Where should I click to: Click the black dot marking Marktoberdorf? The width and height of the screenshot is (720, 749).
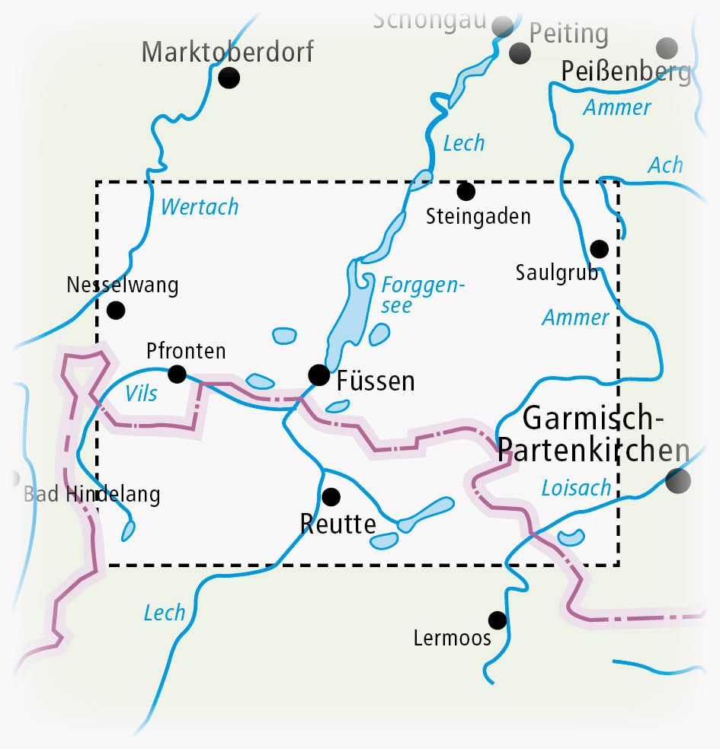point(229,78)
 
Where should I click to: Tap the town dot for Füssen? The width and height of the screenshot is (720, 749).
point(318,374)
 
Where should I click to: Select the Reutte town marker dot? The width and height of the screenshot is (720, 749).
point(331,497)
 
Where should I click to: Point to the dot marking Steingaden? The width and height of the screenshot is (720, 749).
point(466,191)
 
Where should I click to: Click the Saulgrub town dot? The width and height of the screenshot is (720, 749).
point(599,249)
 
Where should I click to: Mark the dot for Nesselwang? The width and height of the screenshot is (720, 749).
point(116,310)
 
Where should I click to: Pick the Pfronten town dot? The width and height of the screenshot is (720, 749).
point(177,373)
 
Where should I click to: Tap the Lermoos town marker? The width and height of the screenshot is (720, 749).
point(498,620)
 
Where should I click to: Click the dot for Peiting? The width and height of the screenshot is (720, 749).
point(520,53)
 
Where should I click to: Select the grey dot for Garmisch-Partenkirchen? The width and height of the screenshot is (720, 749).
point(677,480)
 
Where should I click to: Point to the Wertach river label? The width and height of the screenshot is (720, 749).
point(200,206)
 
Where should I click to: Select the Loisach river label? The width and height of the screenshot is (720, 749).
point(576,487)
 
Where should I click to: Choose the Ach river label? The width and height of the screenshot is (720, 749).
point(665,165)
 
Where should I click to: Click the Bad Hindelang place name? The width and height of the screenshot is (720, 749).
point(92,495)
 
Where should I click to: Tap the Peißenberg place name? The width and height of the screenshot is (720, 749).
point(626,72)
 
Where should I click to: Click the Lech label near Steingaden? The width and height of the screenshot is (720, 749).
point(463,142)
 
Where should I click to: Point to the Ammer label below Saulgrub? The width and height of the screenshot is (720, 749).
point(575,317)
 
